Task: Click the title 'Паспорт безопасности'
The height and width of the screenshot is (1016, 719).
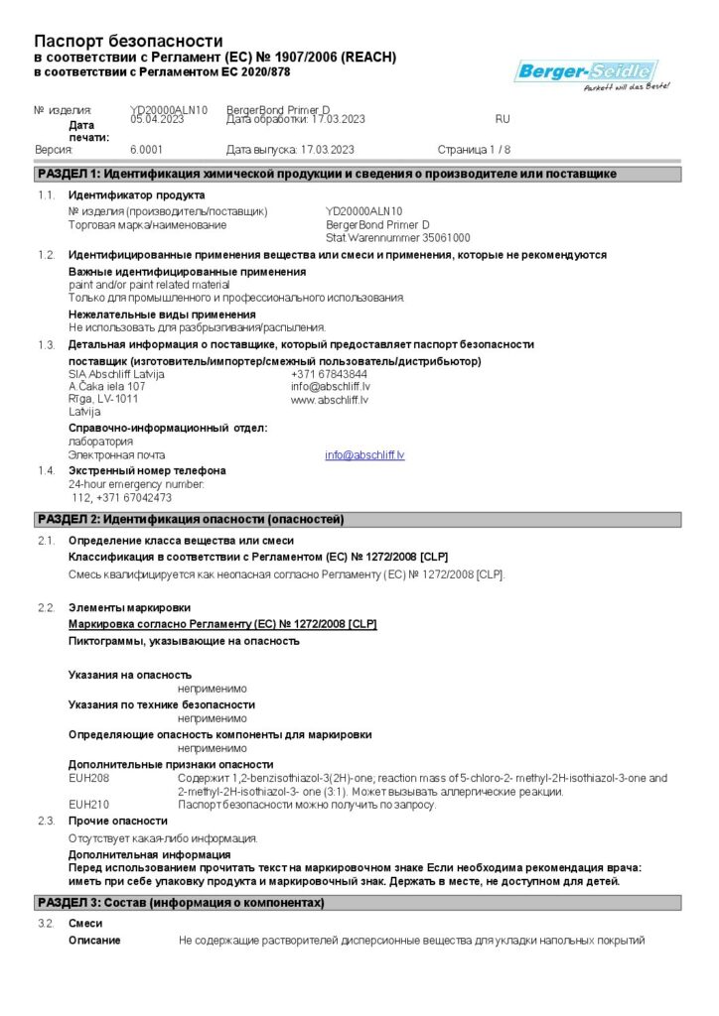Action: coord(128,41)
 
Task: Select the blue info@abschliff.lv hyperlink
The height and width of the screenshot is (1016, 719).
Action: coord(364,455)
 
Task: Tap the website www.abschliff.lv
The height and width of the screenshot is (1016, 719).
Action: coord(330,400)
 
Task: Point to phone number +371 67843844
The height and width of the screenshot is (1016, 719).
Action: coord(322,374)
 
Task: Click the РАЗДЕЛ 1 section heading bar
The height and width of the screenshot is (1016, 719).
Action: coord(358,174)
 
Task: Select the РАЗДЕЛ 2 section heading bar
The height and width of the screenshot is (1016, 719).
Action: coord(358,519)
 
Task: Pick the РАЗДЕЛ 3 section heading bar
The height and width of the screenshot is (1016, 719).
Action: coord(358,903)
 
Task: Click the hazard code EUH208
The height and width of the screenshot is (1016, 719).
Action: coord(88,779)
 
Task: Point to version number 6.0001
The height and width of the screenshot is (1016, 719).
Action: coord(146,150)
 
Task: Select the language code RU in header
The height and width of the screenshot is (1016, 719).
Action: coord(503,119)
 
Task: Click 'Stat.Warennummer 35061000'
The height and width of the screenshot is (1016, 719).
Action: coord(398,238)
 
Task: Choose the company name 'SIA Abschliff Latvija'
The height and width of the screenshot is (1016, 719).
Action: coord(116,374)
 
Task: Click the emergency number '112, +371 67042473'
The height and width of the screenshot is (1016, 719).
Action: coord(122,497)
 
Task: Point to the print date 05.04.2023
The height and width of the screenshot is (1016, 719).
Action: coord(158,119)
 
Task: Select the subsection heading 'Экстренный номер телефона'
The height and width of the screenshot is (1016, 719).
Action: coord(147,470)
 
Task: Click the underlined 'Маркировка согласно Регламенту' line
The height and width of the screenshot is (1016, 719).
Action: coord(221,624)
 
